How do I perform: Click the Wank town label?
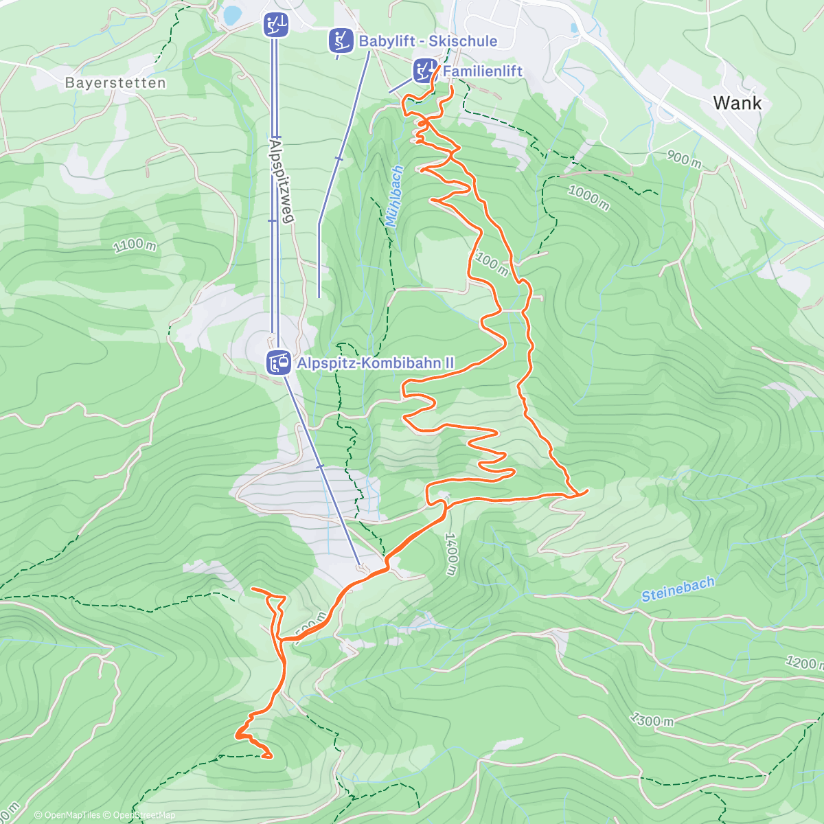pos(737,103)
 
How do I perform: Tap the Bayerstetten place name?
pos(115,83)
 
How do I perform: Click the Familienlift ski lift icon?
pos(424,70)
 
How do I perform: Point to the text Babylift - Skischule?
pos(428,41)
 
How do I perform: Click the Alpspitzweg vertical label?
pos(282,180)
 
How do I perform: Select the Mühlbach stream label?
pos(395,196)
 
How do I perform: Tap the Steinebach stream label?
pos(678,589)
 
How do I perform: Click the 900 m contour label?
pos(684,159)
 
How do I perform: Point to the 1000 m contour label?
pos(588,197)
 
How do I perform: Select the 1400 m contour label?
pos(450,554)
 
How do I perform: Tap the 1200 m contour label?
pos(803,662)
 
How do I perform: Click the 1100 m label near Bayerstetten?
pos(135,244)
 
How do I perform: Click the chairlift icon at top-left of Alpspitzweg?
pos(275,25)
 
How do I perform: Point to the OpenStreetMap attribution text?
pos(144,815)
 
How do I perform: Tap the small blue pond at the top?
pos(232,14)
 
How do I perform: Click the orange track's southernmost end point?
pos(268,757)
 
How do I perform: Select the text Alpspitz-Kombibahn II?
pos(375,363)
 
